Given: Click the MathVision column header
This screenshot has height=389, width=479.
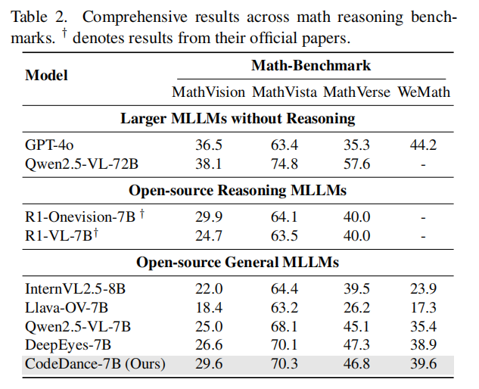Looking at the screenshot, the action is pos(208,92).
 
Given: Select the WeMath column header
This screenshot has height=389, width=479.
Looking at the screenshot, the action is pos(424,92).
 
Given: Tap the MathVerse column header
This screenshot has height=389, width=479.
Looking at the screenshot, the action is pos(356,92).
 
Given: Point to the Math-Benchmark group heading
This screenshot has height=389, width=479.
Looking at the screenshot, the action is pos(311,65).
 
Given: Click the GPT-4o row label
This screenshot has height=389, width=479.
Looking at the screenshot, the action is pos(49,145).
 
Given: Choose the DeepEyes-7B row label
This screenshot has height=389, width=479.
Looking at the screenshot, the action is pos(68,345).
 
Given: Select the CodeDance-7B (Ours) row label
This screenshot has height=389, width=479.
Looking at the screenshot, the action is pos(95,364).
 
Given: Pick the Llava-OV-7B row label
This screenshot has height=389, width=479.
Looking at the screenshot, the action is pos(67,308).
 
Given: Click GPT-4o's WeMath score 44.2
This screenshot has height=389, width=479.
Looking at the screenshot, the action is pos(423,145).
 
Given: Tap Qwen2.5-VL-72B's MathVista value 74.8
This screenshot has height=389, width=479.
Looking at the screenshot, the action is pos(284,164).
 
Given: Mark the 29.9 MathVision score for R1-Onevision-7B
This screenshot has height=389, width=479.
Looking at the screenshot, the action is pos(209,217).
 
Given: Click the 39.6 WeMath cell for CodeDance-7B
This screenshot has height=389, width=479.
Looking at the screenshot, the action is pos(423,364).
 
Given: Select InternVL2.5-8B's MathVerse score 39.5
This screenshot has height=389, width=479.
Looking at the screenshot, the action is pos(356,289).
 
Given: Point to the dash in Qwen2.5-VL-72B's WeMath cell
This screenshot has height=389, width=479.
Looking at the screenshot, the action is pos(423,165).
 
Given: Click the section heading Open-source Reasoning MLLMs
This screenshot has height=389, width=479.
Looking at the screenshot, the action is pos(238,191).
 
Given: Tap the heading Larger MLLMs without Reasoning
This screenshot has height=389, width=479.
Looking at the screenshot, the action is pos(238,119).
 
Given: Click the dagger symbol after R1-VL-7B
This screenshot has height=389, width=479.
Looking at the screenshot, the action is pos(95,233).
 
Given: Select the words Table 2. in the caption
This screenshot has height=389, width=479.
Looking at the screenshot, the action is pos(39,17).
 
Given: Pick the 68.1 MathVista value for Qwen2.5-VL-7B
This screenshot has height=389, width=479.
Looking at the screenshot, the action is pos(284,326).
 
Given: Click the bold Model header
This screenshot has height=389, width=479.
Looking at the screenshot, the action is pos(46,75).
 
